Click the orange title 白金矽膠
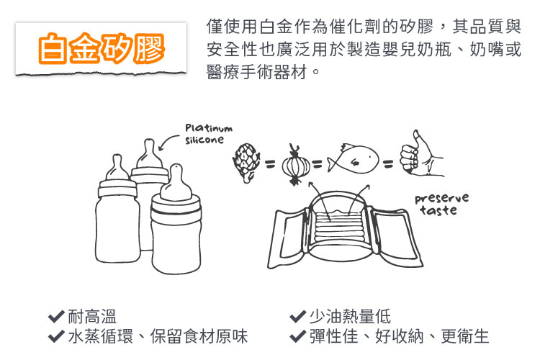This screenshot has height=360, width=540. point(102,48)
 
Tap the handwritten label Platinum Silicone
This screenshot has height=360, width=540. point(209,134)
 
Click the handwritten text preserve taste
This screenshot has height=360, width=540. point(441,204)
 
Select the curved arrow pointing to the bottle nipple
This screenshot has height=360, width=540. point(167,141)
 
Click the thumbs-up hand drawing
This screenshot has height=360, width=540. point(421,154)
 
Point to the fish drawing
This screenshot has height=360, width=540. point(353,159)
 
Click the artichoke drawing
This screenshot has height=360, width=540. point(246,162)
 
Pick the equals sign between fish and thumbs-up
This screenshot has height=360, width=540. point(388,163)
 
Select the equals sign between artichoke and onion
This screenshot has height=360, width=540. point(270,164)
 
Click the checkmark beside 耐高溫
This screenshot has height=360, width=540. point(56,316)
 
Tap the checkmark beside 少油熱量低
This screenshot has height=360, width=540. point(298,316)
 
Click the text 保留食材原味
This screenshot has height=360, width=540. point(199,336)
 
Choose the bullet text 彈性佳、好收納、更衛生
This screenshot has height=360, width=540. point(399,336)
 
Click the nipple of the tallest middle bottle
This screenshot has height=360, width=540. point(149,153)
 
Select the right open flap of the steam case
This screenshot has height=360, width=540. point(396,235)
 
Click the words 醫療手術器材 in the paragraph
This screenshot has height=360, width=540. point(256,72)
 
